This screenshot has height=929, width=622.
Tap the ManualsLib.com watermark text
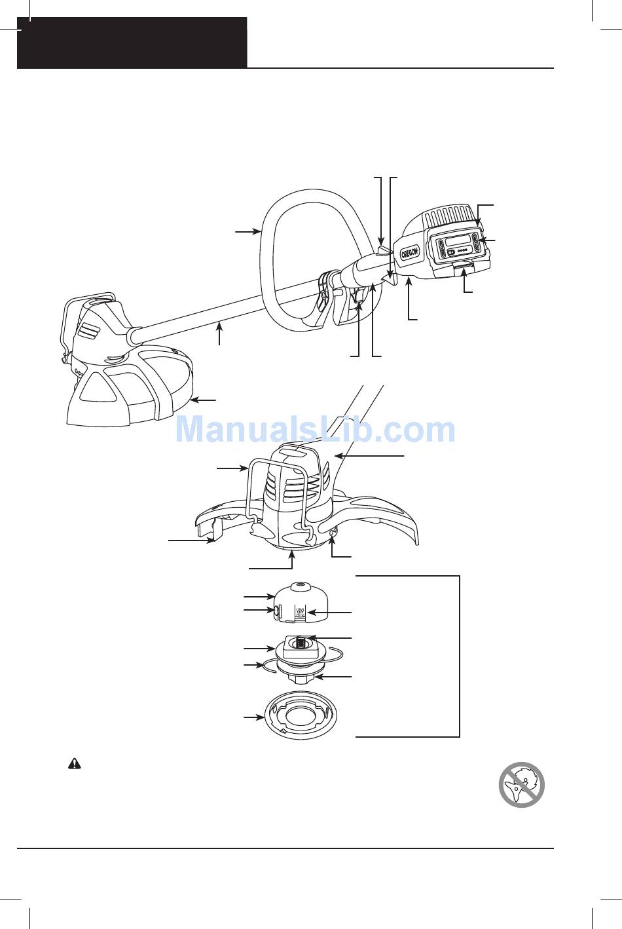point(316,430)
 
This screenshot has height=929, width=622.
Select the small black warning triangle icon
point(75,765)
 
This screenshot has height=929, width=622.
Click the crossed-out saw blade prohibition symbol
point(522,785)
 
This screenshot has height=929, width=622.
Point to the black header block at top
point(132,43)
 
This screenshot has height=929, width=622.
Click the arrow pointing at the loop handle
point(248,231)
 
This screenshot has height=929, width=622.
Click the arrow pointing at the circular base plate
point(252,718)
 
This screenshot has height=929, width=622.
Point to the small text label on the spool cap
point(301,613)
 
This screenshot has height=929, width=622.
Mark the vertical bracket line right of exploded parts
point(460,655)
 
